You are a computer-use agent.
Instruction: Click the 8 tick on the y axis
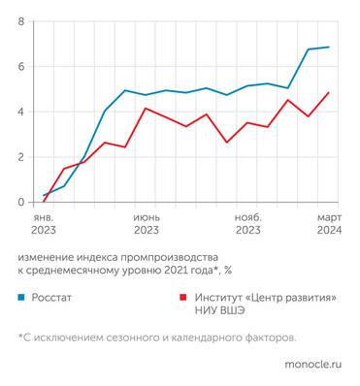tap(20, 21)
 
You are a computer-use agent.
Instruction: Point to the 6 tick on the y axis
tap(20, 67)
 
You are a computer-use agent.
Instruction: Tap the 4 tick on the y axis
tap(20, 112)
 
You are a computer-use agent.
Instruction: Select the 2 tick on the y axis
tap(20, 157)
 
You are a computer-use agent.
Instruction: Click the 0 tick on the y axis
tap(20, 202)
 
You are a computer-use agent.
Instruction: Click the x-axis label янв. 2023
tap(44, 224)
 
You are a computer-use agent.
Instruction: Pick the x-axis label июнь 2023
tap(147, 224)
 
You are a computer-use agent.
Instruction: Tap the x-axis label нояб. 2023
tap(247, 224)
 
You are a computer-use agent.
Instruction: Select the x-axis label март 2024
tap(329, 224)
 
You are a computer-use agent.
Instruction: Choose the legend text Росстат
tap(52, 299)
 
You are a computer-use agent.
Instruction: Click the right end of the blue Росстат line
tap(329, 47)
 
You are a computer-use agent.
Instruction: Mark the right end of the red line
tap(329, 93)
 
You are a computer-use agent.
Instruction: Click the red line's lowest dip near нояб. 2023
tap(227, 143)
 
